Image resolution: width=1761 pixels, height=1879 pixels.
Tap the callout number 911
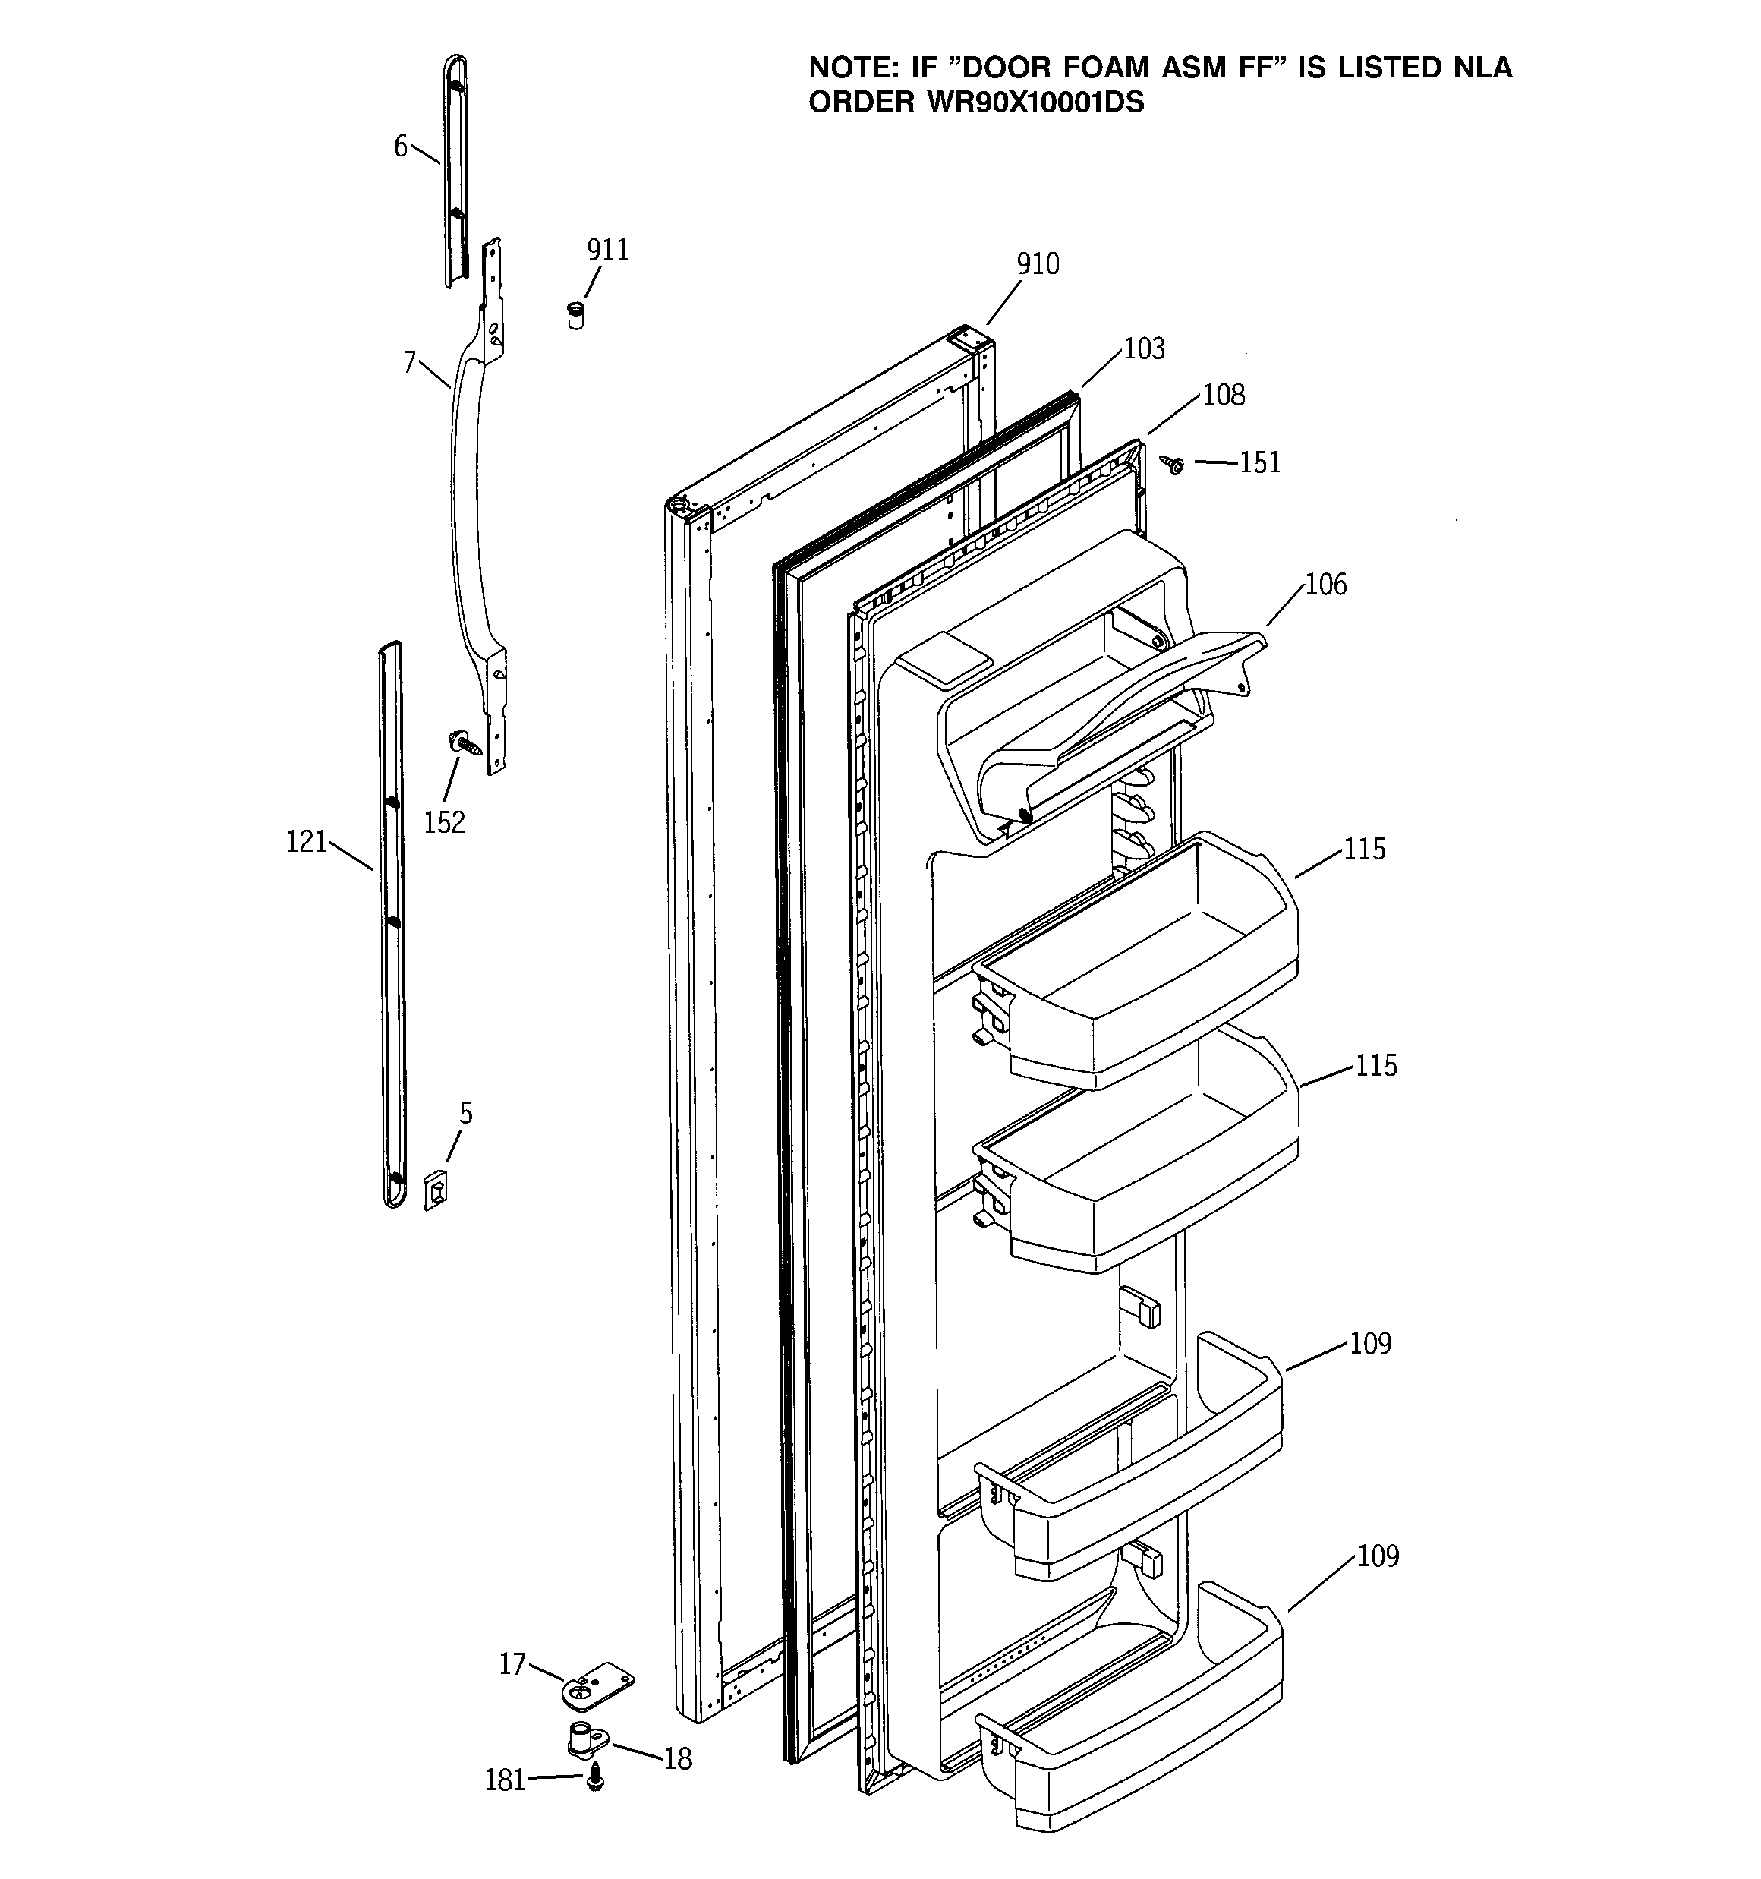608,250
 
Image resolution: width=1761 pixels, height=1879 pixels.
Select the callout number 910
1038,263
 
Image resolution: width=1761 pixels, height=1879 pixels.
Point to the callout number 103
1144,348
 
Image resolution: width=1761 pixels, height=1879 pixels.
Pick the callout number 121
306,841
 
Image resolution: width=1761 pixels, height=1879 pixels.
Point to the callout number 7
409,362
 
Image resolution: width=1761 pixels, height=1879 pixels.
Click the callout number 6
401,147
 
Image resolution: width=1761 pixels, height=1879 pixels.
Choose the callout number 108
1224,395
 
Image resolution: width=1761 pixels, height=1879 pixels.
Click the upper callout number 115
1365,849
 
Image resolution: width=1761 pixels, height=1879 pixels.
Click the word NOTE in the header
852,68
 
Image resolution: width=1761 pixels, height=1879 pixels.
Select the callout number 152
444,822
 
